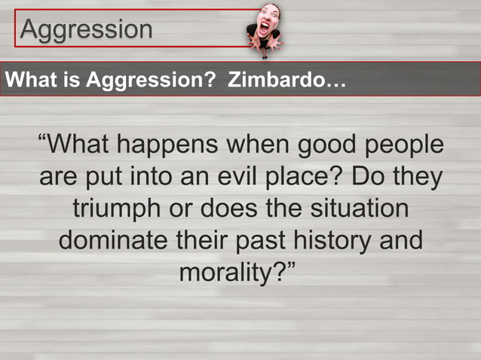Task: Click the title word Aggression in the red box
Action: coord(86,29)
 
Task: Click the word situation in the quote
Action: coord(357,207)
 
